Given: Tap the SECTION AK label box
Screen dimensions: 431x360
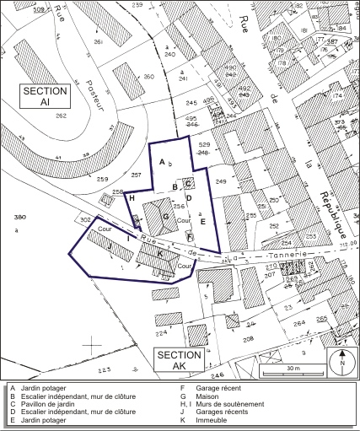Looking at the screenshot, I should click(x=178, y=358).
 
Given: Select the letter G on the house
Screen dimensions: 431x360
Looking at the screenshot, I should click(x=166, y=217).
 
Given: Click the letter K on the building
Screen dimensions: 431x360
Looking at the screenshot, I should click(x=159, y=251).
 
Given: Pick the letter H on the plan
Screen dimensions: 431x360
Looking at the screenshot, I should click(x=132, y=197).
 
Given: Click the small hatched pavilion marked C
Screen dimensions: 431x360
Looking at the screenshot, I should click(x=189, y=182).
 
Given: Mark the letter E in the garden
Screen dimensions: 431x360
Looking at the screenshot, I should click(x=202, y=220).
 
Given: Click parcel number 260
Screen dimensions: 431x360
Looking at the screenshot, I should click(x=149, y=78).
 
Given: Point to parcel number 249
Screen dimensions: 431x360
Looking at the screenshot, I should click(x=221, y=182).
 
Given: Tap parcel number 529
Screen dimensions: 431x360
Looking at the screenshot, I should click(x=203, y=144).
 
